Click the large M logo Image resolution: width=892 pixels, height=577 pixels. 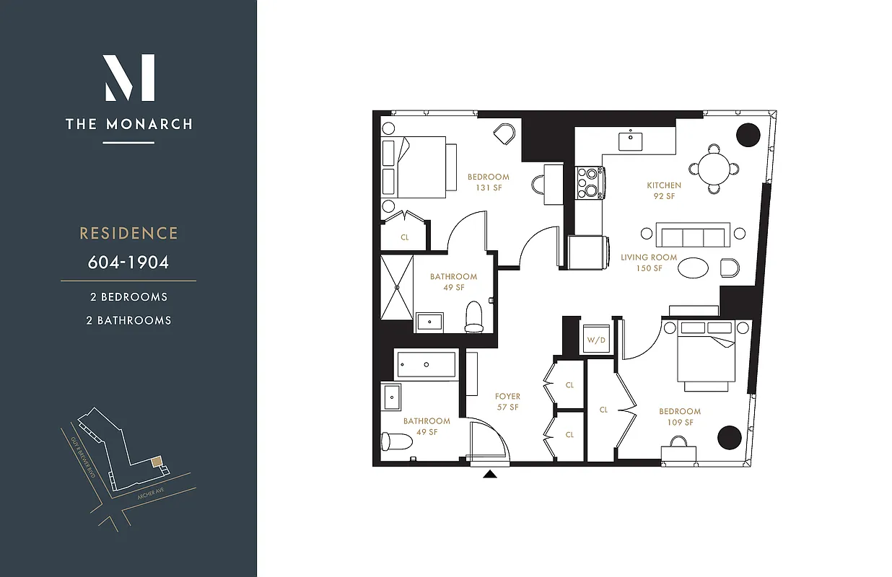[129, 78]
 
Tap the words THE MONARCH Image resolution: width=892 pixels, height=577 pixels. [129, 124]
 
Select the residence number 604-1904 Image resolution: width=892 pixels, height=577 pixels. [128, 262]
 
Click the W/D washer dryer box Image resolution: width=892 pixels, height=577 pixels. [595, 339]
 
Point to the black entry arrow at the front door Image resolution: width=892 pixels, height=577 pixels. [491, 474]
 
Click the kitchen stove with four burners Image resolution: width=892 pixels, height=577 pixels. [590, 182]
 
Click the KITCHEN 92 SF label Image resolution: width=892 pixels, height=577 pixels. [664, 190]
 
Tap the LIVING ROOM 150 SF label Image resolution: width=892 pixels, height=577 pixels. [649, 263]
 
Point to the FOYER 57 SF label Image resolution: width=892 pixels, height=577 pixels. [507, 402]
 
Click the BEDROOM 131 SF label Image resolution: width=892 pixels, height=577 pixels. [488, 182]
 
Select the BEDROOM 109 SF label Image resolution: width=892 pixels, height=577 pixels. [680, 417]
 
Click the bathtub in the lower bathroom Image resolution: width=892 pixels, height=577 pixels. [427, 365]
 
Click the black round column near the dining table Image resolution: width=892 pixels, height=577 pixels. [748, 135]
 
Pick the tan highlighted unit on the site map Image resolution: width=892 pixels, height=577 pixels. [156, 461]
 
